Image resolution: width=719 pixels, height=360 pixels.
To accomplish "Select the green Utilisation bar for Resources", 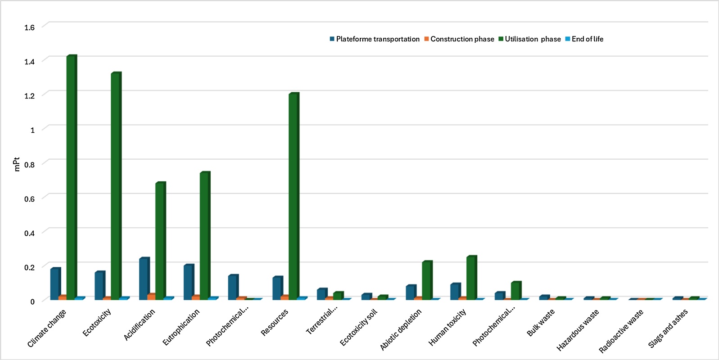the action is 294,196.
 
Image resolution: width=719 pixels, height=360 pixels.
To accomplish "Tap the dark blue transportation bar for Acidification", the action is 145,279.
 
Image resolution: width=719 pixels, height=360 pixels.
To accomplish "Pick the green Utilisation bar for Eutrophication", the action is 205,236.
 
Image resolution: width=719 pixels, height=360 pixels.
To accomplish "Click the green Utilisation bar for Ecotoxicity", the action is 116,186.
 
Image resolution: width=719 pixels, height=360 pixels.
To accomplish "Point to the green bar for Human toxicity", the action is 472,278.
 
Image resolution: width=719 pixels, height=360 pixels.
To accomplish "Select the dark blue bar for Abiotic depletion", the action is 411,292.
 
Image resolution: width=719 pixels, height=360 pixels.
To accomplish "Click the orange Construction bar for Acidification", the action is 152,297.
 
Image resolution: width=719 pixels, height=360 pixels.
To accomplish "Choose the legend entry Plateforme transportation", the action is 375,39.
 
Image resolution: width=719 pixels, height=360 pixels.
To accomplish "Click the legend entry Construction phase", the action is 459,39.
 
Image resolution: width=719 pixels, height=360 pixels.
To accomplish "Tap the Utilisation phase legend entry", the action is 529,39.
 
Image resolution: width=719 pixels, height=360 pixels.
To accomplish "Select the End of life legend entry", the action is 584,39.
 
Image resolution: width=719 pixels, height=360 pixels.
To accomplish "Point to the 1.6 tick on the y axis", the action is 30,27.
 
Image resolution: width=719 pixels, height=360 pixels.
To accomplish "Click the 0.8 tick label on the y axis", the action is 30,164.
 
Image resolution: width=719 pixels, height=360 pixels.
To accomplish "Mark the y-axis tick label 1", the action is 32,130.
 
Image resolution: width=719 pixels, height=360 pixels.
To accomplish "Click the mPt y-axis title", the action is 17,164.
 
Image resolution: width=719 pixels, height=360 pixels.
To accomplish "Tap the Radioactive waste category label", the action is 621,331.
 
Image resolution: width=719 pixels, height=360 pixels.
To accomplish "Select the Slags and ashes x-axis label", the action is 668,328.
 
